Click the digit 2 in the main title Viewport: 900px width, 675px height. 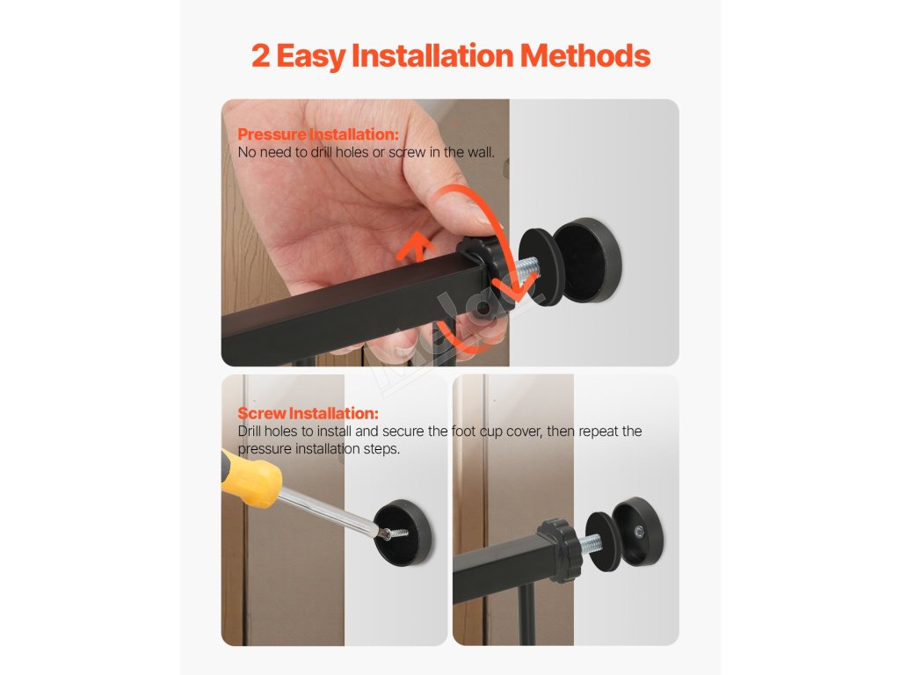click(261, 56)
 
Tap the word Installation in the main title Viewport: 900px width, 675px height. click(432, 55)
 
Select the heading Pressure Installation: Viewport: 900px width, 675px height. click(318, 134)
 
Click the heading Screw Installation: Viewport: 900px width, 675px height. click(308, 413)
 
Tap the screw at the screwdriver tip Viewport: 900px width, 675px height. click(395, 533)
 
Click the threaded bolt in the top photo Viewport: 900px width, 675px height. click(528, 267)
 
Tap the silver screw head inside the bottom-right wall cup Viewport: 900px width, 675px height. click(638, 532)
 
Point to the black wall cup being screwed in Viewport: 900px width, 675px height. click(403, 533)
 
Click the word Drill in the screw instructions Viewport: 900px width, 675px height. click(249, 431)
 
